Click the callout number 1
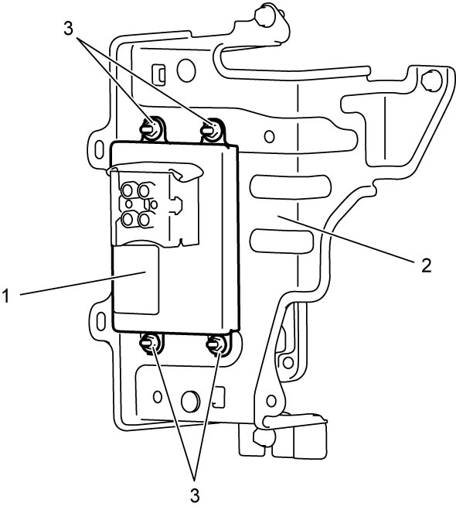[6, 296]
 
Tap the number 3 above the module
[68, 29]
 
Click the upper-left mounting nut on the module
[151, 128]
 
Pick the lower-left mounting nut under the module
[151, 343]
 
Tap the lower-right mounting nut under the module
[218, 344]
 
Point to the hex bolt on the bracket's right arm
[430, 80]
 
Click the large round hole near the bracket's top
[186, 70]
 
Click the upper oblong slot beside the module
[291, 187]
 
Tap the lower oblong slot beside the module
[282, 241]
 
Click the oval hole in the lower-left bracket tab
[101, 320]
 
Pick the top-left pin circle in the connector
[128, 190]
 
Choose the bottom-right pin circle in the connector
[144, 220]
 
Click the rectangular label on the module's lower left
[135, 280]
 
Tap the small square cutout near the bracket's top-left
[158, 73]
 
